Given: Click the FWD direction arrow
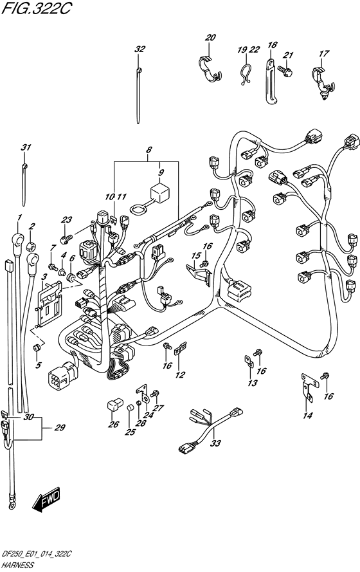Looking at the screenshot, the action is coord(46,499).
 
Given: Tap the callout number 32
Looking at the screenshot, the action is coord(139,49).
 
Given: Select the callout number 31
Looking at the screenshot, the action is coord(26,147).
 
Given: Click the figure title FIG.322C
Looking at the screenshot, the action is coord(37,8).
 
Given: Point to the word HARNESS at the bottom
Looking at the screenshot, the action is coord(17,565).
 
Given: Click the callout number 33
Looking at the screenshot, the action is coord(216,443).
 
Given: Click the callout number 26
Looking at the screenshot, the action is coord(114,424).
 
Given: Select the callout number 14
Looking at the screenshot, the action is coord(308,415).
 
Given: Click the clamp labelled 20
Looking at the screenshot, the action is coord(211,68).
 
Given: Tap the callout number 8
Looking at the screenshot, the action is coord(148,149).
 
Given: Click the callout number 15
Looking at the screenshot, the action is coord(197,255).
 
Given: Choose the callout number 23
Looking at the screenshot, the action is coord(67,219).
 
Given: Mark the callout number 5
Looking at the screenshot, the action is coord(39,365).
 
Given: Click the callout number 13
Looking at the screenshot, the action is coord(252,383).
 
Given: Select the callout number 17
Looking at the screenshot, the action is coord(323,53).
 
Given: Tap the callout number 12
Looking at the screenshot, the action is coord(180,374).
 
